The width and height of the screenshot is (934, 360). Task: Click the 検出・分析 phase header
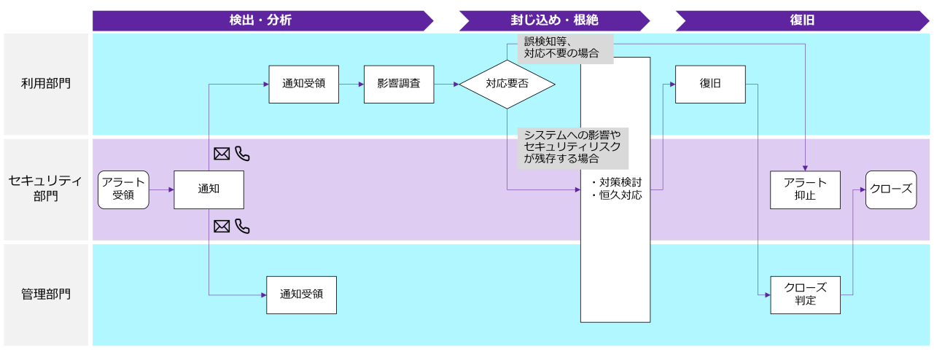coord(260,20)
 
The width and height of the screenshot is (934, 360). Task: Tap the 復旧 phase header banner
coord(801,20)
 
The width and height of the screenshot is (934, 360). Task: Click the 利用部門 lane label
coord(46,84)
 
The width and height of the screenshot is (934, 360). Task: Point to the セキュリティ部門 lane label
coord(46,189)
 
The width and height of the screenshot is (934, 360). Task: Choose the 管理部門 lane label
coord(46,294)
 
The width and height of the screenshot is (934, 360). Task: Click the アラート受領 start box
coord(123,189)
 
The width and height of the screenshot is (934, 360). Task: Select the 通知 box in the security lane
coord(209,189)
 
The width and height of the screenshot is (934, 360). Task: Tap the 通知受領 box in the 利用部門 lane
coord(303,84)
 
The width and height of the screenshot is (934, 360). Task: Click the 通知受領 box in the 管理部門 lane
coord(301,294)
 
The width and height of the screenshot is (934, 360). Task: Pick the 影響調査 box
coord(398,84)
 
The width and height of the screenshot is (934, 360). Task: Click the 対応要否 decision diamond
coord(507,84)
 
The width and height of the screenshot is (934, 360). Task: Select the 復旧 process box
coord(710,84)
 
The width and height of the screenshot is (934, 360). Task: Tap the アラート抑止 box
coord(805,189)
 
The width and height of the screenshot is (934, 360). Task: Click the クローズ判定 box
coord(805,294)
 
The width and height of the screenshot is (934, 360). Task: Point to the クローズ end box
coord(891,189)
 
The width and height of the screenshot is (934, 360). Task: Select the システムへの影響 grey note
coord(572,148)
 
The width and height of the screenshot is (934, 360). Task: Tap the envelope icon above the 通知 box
coord(222,154)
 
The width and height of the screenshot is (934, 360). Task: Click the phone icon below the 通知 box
coord(243,227)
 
